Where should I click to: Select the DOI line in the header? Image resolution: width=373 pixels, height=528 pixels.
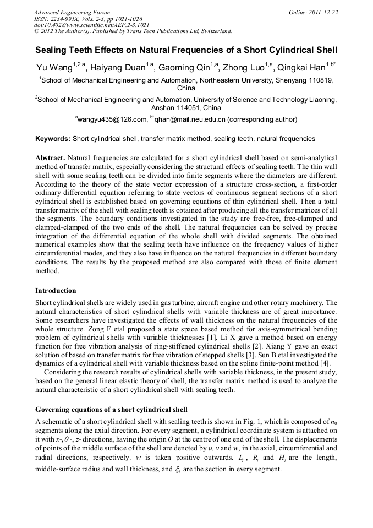point(91,25)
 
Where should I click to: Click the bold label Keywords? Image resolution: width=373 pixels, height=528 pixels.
point(53,139)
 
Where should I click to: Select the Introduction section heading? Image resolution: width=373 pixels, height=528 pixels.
point(56,290)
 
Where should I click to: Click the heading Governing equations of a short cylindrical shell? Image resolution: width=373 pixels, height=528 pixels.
point(111,410)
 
